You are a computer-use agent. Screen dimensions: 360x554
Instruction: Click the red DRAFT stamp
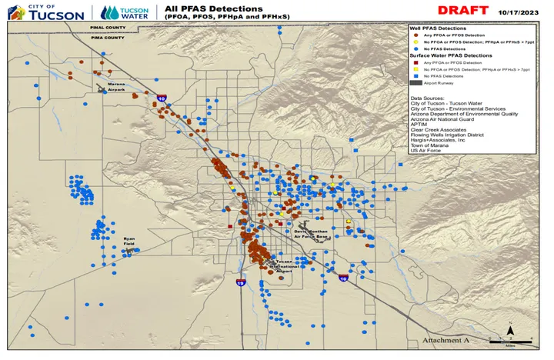(x=463, y=11)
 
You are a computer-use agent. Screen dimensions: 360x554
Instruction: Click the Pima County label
(x=108, y=36)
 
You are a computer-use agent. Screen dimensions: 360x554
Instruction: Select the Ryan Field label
(x=130, y=242)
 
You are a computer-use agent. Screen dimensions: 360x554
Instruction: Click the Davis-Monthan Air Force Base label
(x=311, y=233)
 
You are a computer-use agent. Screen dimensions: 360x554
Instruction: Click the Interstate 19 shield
(x=241, y=283)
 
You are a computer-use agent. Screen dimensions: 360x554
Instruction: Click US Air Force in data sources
(x=424, y=151)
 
